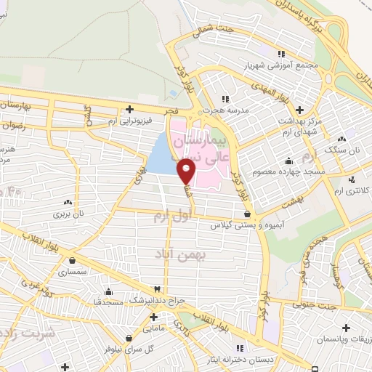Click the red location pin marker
[x=187, y=171]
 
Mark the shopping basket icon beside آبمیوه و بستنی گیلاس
[x=248, y=214]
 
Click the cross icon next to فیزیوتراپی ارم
[x=129, y=109]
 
